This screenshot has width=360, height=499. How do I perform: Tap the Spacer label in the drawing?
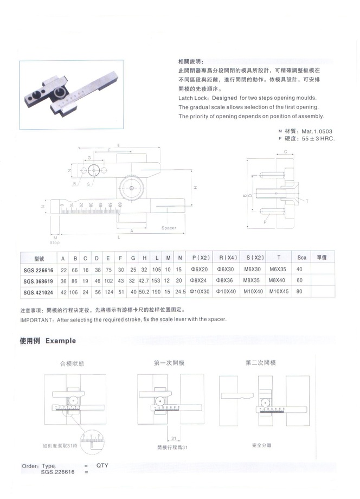169,228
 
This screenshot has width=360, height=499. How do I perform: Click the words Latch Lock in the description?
193,99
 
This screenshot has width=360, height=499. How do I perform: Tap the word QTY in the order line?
103,465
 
